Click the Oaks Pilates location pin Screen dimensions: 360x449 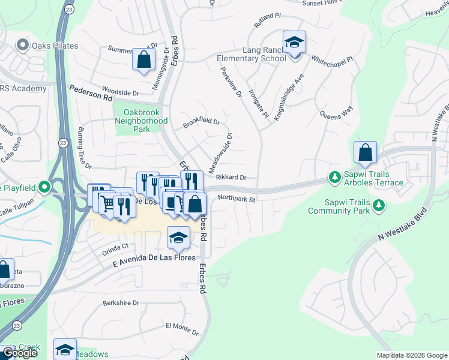[23, 44]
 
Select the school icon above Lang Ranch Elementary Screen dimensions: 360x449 [294, 43]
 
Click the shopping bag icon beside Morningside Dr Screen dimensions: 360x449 [143, 59]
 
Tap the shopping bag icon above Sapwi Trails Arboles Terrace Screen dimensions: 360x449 [365, 153]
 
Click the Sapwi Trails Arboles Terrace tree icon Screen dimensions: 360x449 [334, 177]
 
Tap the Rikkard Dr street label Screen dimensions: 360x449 [231, 178]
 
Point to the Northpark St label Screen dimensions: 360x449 [237, 198]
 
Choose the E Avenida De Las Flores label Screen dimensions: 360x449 [154, 259]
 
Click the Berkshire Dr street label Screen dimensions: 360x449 [120, 304]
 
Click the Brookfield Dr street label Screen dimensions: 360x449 [201, 123]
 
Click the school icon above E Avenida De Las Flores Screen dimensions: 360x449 [179, 238]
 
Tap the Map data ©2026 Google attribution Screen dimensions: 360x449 [412, 355]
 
